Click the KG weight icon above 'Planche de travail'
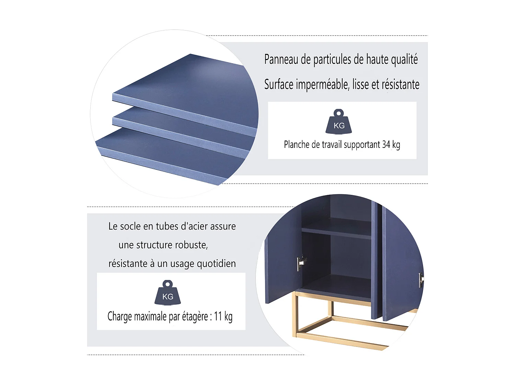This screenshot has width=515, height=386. pos(338,121)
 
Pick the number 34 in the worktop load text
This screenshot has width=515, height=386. pos(386,144)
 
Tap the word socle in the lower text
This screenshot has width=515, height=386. pos(131,226)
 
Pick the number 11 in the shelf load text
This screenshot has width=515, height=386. pos(218,316)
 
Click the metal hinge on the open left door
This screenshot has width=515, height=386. pos(301,263)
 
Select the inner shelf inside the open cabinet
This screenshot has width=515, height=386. pos(336,229)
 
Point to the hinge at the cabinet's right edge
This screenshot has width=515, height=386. pos(421,280)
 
